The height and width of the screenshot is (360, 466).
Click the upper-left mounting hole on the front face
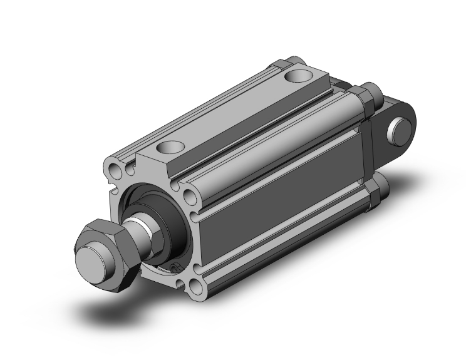pyautogui.click(x=115, y=170)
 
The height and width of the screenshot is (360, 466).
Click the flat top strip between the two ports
pyautogui.click(x=232, y=113)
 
